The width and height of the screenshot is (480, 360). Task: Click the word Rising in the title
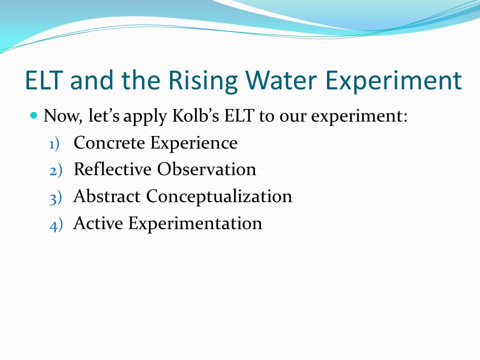(x=203, y=81)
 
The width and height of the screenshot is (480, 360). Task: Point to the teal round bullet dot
(x=34, y=115)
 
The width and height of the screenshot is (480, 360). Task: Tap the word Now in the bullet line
(x=63, y=116)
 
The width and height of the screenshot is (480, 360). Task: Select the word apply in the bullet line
(x=145, y=117)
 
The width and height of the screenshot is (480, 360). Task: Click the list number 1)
(x=54, y=144)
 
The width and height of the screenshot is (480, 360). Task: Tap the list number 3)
(x=55, y=198)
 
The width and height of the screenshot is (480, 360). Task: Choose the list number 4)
(x=56, y=225)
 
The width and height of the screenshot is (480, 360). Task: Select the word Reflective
(x=112, y=169)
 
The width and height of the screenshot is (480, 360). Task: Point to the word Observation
(x=206, y=169)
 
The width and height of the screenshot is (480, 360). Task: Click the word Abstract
(x=106, y=196)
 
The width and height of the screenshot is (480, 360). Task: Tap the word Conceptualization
(x=219, y=196)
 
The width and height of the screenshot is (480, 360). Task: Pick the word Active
(x=98, y=223)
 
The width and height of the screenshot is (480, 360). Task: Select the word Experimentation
(x=195, y=223)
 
